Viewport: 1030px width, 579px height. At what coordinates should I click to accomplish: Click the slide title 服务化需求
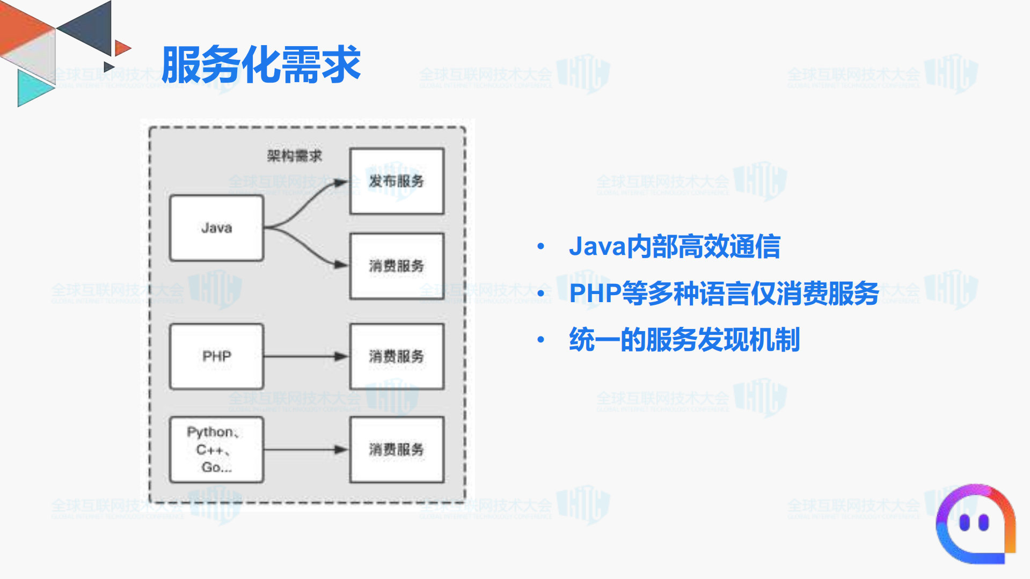pyautogui.click(x=261, y=65)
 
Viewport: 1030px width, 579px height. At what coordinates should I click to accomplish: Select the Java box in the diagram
pyautogui.click(x=216, y=228)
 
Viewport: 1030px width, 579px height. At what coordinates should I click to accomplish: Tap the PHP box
pyautogui.click(x=216, y=356)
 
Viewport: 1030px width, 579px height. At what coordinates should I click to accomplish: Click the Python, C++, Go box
pyautogui.click(x=216, y=450)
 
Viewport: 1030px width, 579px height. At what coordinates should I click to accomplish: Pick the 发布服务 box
pyautogui.click(x=397, y=181)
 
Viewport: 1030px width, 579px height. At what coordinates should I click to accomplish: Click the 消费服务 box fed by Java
pyautogui.click(x=397, y=266)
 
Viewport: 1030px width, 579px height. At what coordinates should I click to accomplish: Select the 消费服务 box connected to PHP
pyautogui.click(x=397, y=356)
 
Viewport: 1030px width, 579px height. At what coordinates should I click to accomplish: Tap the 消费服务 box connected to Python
pyautogui.click(x=397, y=450)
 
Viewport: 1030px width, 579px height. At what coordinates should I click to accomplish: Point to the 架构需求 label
pyautogui.click(x=294, y=156)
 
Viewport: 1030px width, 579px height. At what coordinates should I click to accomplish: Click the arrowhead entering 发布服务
pyautogui.click(x=340, y=183)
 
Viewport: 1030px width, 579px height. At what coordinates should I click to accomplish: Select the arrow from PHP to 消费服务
pyautogui.click(x=306, y=356)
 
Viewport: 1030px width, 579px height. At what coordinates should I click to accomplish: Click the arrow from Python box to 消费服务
pyautogui.click(x=306, y=450)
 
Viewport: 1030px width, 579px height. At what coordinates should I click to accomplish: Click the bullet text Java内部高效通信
pyautogui.click(x=674, y=247)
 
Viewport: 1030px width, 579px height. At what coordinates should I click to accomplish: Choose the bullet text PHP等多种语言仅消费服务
pyautogui.click(x=724, y=294)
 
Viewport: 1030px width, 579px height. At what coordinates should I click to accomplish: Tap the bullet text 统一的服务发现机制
pyautogui.click(x=684, y=340)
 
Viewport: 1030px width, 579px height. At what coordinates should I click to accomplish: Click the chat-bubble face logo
pyautogui.click(x=975, y=524)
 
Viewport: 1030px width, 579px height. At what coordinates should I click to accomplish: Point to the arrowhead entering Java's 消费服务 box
pyautogui.click(x=340, y=265)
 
